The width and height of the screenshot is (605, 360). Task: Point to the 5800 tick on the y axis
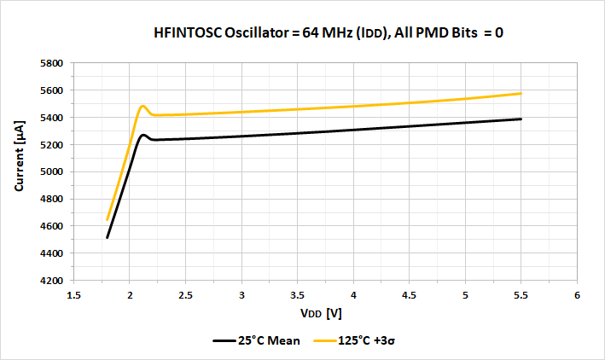[53, 63]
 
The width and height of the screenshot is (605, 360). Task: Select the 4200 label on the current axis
[53, 281]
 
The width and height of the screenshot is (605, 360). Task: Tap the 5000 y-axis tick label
[53, 171]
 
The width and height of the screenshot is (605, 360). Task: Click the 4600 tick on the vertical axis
[53, 226]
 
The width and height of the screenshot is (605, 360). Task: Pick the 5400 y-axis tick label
[53, 118]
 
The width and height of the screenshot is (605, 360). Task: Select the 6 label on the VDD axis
[577, 295]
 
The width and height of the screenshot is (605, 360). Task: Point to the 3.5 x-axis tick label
[297, 295]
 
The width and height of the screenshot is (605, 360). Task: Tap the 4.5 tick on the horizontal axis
[409, 295]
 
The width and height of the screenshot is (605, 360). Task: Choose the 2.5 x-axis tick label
[185, 295]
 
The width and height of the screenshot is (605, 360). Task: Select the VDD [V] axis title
[324, 313]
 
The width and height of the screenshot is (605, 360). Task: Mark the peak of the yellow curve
[143, 107]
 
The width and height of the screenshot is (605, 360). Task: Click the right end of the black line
[521, 119]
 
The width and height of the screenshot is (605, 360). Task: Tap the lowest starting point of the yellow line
[107, 220]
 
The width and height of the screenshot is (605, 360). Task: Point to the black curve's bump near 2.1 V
[143, 135]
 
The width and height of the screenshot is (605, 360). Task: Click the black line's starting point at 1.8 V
[107, 238]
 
